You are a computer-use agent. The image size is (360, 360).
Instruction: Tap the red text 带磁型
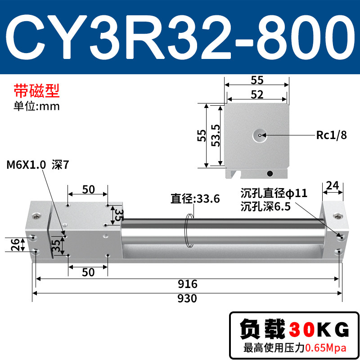click(37, 91)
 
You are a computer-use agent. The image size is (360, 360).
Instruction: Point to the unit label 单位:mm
click(37, 106)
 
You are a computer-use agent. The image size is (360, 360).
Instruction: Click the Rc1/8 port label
click(331, 135)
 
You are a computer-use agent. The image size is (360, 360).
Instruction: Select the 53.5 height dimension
click(216, 135)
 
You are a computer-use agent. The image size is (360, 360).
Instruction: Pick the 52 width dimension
click(257, 94)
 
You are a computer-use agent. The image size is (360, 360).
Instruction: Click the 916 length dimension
click(187, 284)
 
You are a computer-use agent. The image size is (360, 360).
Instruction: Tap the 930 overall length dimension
click(187, 298)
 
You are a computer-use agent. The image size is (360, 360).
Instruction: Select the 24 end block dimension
click(333, 185)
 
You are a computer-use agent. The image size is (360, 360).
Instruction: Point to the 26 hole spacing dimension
click(15, 244)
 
